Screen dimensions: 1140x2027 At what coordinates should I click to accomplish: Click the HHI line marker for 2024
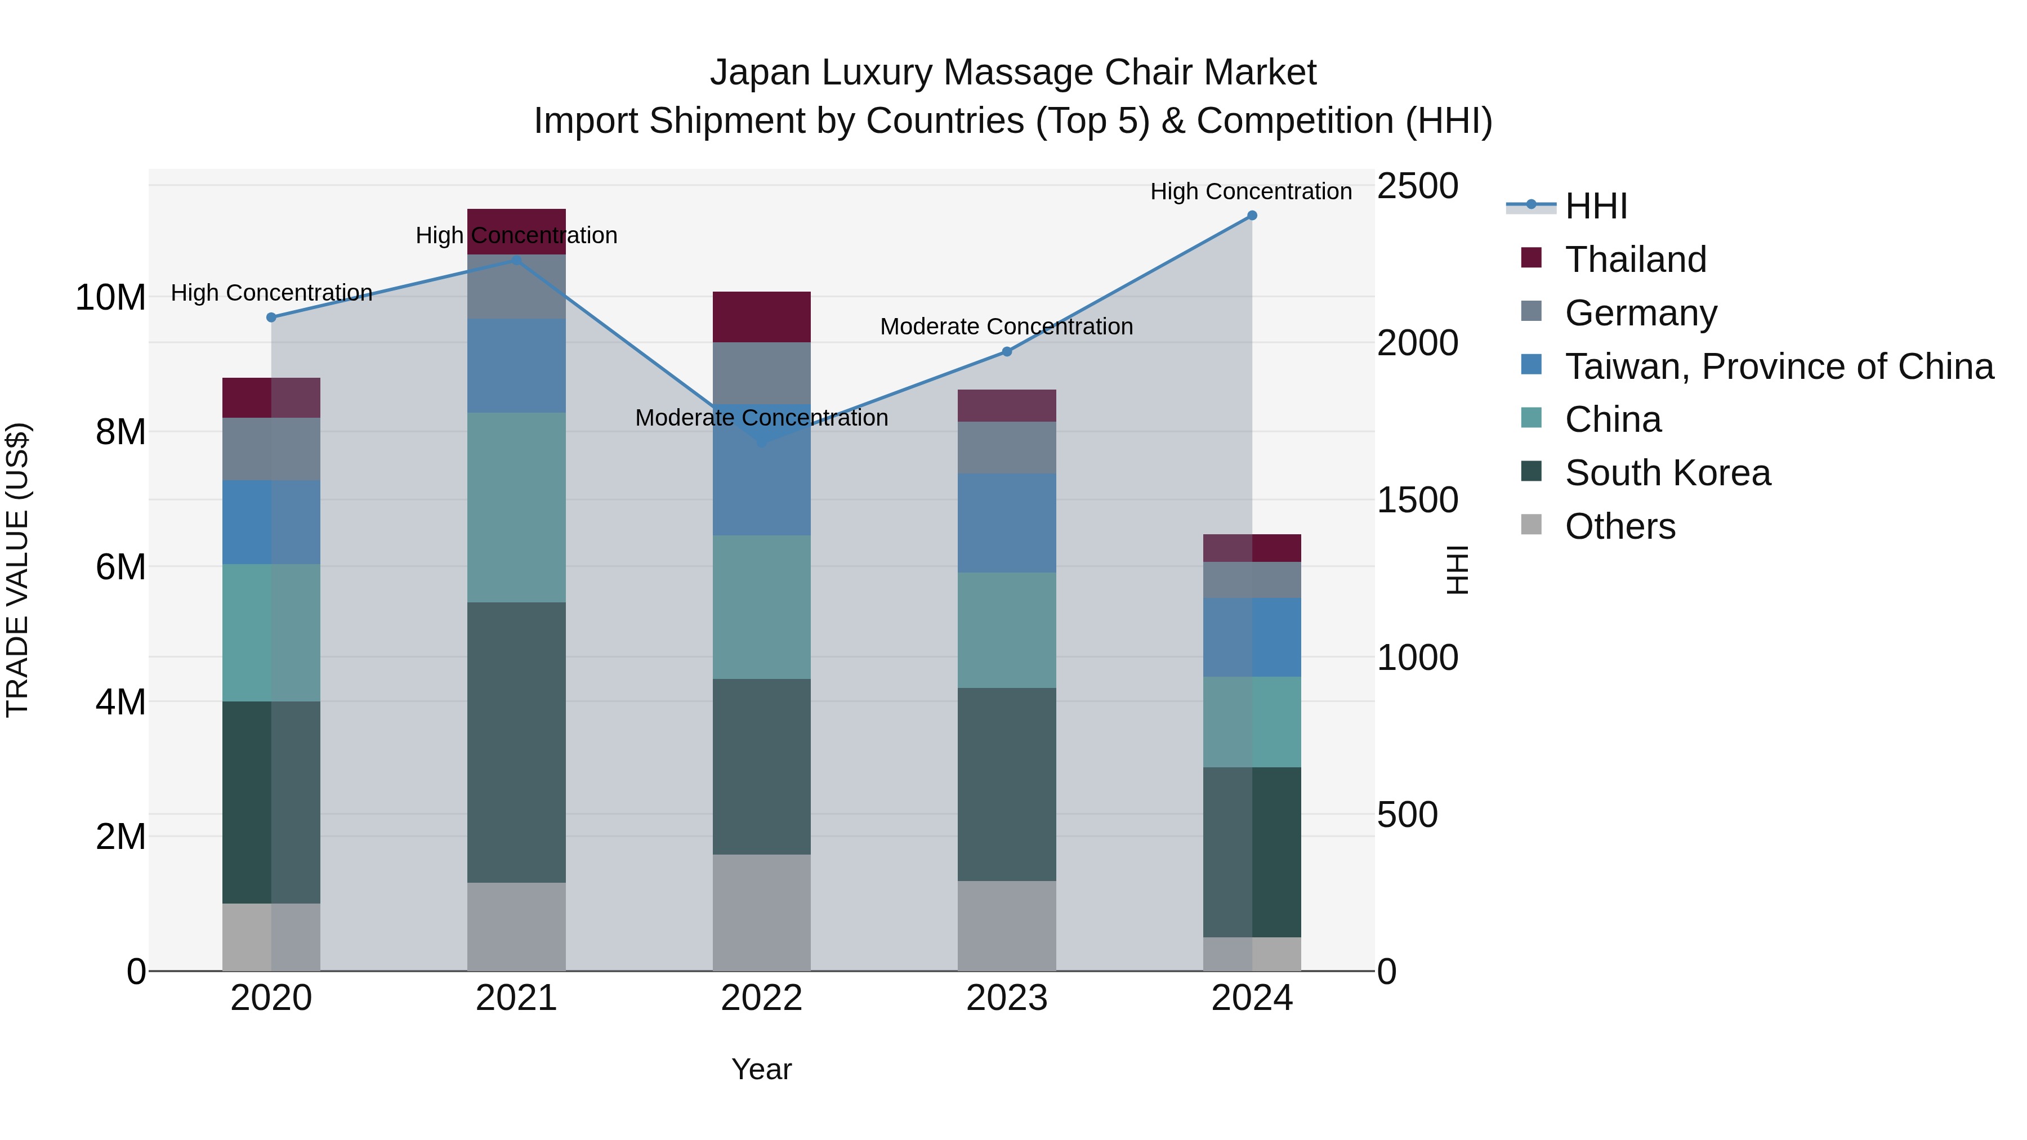pos(1252,216)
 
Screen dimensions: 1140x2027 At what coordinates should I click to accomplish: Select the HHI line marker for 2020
pos(271,317)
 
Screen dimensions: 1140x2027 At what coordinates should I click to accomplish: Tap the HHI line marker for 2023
pos(1006,352)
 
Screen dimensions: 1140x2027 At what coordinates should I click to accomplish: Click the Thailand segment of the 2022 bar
pos(761,316)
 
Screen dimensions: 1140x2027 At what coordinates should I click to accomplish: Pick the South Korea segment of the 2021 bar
pos(516,742)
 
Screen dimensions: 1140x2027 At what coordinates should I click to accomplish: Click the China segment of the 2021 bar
pos(516,507)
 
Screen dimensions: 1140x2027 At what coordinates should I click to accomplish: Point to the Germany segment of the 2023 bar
pos(1006,447)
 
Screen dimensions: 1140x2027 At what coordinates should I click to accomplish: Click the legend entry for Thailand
pos(1635,260)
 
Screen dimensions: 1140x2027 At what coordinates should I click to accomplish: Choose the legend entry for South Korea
pos(1667,473)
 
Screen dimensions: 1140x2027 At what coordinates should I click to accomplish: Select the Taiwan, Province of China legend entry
pos(1778,366)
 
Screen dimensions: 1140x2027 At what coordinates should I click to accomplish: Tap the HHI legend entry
pos(1596,206)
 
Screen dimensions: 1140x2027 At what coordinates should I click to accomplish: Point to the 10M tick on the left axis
pos(110,298)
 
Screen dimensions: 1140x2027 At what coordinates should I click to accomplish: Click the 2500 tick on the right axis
pos(1417,186)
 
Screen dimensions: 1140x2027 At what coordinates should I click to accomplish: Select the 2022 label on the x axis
pos(761,998)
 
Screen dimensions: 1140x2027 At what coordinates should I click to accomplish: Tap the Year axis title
pos(761,1069)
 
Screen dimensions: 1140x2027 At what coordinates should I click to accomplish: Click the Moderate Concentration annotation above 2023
pos(1006,327)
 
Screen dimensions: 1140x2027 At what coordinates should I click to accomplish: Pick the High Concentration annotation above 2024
pos(1251,191)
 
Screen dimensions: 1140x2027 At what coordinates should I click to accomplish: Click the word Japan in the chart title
pos(760,73)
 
